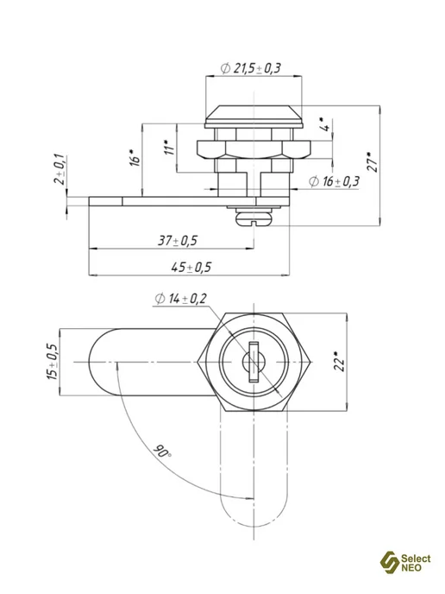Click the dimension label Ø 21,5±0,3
pos(250,68)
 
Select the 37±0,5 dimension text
pos(178,241)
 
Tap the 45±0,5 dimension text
pos(191,268)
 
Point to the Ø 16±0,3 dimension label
pos(334,181)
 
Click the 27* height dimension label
pos(373,162)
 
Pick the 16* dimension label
pos(135,158)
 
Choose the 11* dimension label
pos(170,148)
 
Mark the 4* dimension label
pos(325,125)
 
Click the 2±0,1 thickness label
pos(60,169)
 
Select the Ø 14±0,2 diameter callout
pos(180,299)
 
